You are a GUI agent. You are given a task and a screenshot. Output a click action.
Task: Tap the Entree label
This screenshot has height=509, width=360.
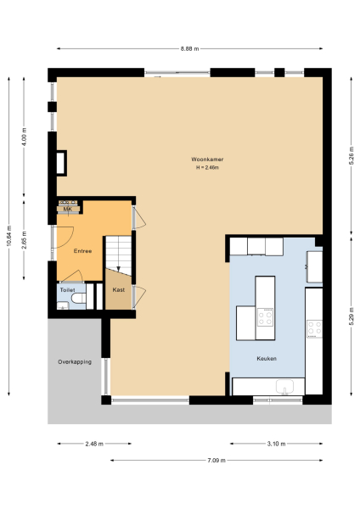coord(82,250)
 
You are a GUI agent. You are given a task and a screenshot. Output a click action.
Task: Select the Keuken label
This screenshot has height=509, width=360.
coord(268,359)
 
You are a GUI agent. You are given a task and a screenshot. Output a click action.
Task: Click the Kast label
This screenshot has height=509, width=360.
coord(118,290)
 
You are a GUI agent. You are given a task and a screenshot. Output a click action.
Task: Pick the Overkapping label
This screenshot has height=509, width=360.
coord(75,361)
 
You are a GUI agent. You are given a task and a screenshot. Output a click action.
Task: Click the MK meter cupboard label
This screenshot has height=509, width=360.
coord(67,209)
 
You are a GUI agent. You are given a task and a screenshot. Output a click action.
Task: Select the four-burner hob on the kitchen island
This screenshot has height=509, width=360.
coord(266,318)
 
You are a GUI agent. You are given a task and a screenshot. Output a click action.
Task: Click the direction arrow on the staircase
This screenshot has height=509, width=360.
coord(119,267)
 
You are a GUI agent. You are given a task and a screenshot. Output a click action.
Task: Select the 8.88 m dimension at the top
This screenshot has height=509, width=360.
coord(189,48)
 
